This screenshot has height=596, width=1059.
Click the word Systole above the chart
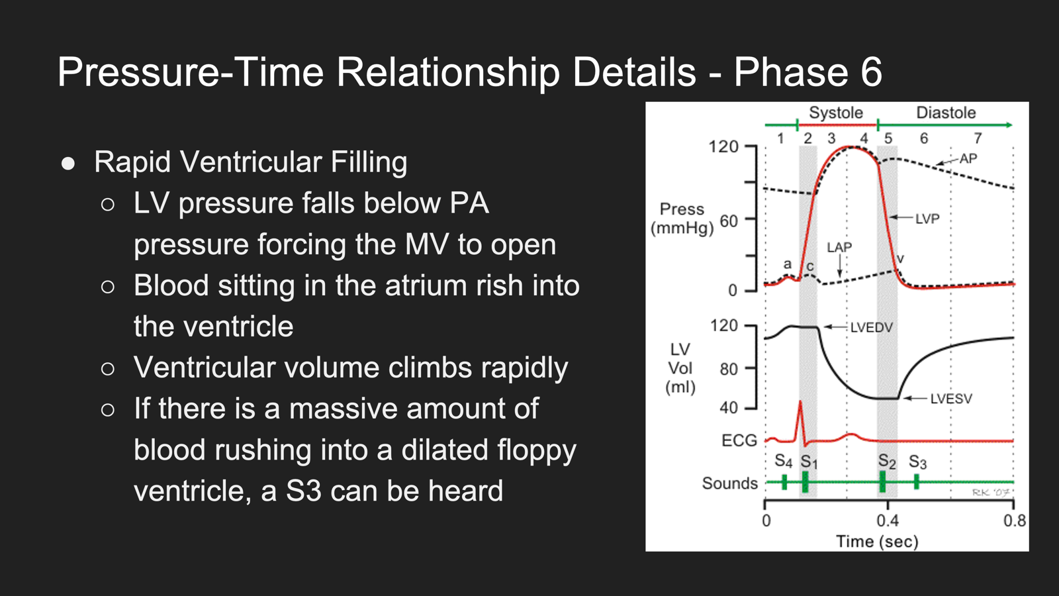(x=836, y=113)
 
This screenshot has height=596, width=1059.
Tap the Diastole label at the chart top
(x=946, y=113)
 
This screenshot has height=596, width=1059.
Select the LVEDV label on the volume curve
(x=871, y=327)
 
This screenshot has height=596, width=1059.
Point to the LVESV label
(x=951, y=399)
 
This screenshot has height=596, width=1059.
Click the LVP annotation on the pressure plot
(x=927, y=219)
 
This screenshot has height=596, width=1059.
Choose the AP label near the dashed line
(x=968, y=158)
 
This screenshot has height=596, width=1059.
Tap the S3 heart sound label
(x=917, y=462)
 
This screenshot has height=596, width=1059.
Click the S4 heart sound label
(x=784, y=461)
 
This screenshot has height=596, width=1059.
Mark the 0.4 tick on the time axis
(x=888, y=521)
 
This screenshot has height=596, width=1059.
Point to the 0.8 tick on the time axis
(x=1015, y=521)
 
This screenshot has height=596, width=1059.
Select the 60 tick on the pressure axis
(x=729, y=221)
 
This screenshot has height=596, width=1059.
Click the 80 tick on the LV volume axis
(x=729, y=369)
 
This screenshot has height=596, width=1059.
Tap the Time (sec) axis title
(x=877, y=542)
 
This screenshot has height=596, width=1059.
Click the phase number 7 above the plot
(x=978, y=138)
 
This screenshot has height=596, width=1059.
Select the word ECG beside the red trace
(x=739, y=441)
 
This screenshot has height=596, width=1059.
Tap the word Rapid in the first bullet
(x=132, y=163)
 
